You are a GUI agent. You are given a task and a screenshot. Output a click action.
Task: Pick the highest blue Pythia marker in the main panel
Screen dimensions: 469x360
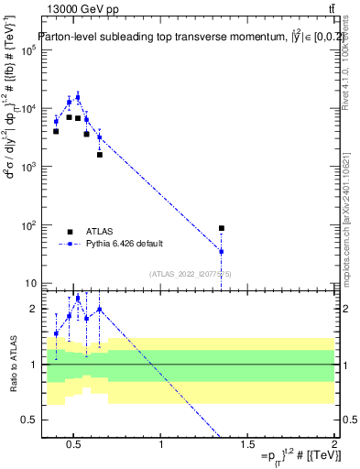78,96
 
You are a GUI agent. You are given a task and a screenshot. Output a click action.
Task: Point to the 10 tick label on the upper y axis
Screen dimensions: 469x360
31,283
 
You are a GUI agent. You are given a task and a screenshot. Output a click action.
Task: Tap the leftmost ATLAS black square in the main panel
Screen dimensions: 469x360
56,131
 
